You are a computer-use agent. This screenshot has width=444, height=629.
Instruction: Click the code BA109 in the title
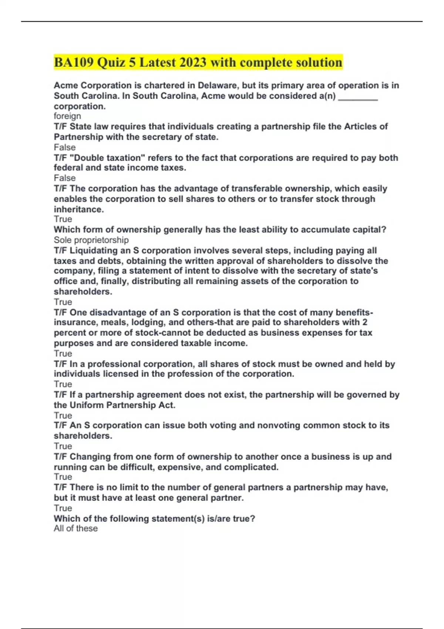coord(74,62)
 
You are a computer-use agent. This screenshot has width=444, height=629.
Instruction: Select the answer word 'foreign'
coord(67,116)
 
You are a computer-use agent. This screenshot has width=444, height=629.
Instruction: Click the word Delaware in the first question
coord(219,85)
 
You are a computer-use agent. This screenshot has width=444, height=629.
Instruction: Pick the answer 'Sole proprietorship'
coord(91,240)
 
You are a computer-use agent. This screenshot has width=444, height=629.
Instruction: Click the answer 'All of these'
coord(76,528)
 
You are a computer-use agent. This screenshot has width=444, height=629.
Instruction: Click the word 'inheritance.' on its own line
coord(79,209)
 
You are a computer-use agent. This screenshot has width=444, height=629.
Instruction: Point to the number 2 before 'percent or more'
coord(365,322)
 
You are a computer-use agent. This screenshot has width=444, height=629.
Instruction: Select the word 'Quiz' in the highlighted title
coord(111,62)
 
